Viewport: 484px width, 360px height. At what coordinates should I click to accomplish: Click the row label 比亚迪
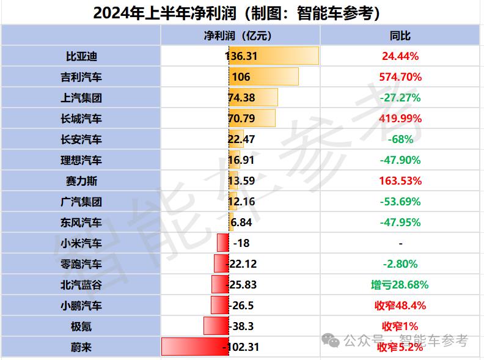pos(81,56)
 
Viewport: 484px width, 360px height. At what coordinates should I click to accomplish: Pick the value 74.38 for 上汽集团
pos(241,98)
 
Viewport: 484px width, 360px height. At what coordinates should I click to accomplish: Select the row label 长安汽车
pos(81,139)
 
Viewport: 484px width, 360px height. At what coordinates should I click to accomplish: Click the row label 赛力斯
pos(81,181)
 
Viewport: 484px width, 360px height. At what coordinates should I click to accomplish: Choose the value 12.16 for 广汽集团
pos(241,202)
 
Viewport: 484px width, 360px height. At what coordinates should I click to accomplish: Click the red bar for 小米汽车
pos(223,243)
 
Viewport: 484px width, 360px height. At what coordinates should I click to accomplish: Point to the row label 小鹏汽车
pos(81,306)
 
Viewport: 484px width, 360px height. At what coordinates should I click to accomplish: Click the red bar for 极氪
pos(215,326)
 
